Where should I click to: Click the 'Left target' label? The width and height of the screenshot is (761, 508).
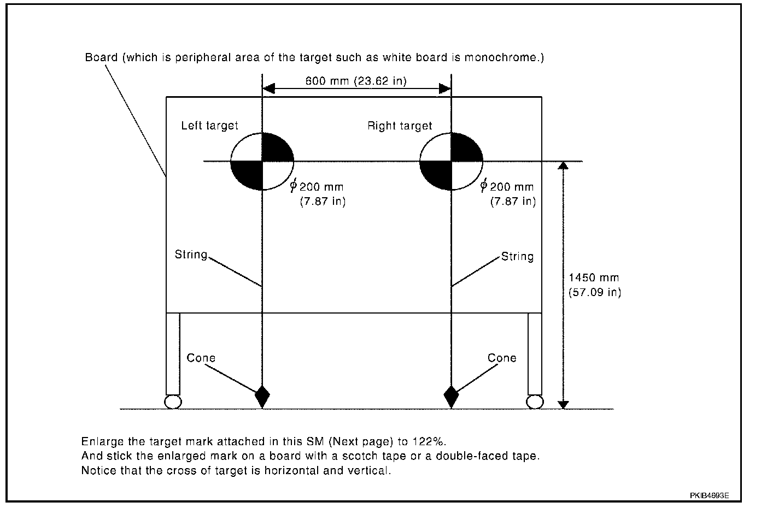(x=209, y=126)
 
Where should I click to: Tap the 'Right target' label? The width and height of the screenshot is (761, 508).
(x=400, y=126)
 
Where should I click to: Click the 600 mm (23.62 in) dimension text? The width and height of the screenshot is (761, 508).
(x=356, y=81)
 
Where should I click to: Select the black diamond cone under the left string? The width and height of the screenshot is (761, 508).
(x=263, y=396)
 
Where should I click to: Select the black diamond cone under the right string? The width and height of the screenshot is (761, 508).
(x=451, y=396)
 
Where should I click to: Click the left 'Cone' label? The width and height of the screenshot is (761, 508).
(x=201, y=358)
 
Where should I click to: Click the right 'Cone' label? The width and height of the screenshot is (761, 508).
(x=502, y=358)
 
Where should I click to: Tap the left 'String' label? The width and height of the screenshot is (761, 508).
(x=191, y=255)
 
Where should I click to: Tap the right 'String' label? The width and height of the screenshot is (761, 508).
(x=517, y=256)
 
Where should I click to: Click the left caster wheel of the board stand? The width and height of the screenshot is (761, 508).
(x=172, y=401)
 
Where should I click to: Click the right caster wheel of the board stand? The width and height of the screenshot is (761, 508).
(x=535, y=401)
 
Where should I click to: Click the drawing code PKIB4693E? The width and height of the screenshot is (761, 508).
(x=709, y=495)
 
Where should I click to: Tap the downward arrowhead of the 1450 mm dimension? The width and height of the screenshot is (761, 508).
(x=564, y=404)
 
